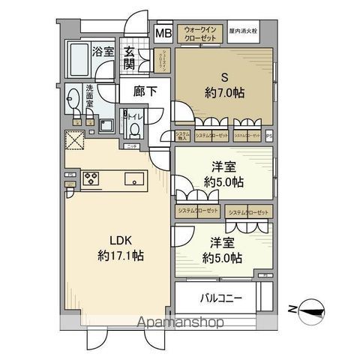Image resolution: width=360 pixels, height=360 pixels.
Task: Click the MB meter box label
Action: (x=163, y=34)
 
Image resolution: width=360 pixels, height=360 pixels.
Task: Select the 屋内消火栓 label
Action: (x=244, y=32)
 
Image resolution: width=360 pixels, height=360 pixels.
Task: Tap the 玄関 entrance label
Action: (x=129, y=58)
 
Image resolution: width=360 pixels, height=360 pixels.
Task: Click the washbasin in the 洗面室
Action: (x=73, y=97)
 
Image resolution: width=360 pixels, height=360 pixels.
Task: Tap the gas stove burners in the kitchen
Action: (x=91, y=178)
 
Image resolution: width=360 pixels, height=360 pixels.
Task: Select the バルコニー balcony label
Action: (x=220, y=298)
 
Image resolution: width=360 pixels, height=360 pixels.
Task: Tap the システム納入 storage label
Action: (x=183, y=136)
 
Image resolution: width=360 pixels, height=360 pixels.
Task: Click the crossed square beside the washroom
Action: (x=74, y=140)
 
